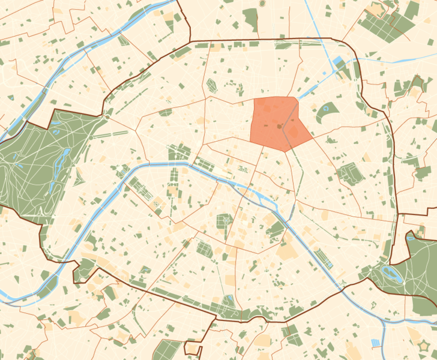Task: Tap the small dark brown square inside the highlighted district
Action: pos(279,127)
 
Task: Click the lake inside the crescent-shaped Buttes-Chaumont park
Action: pos(328,109)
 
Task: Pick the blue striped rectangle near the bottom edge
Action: pos(376,343)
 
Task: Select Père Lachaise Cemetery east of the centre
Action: pos(349,173)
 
